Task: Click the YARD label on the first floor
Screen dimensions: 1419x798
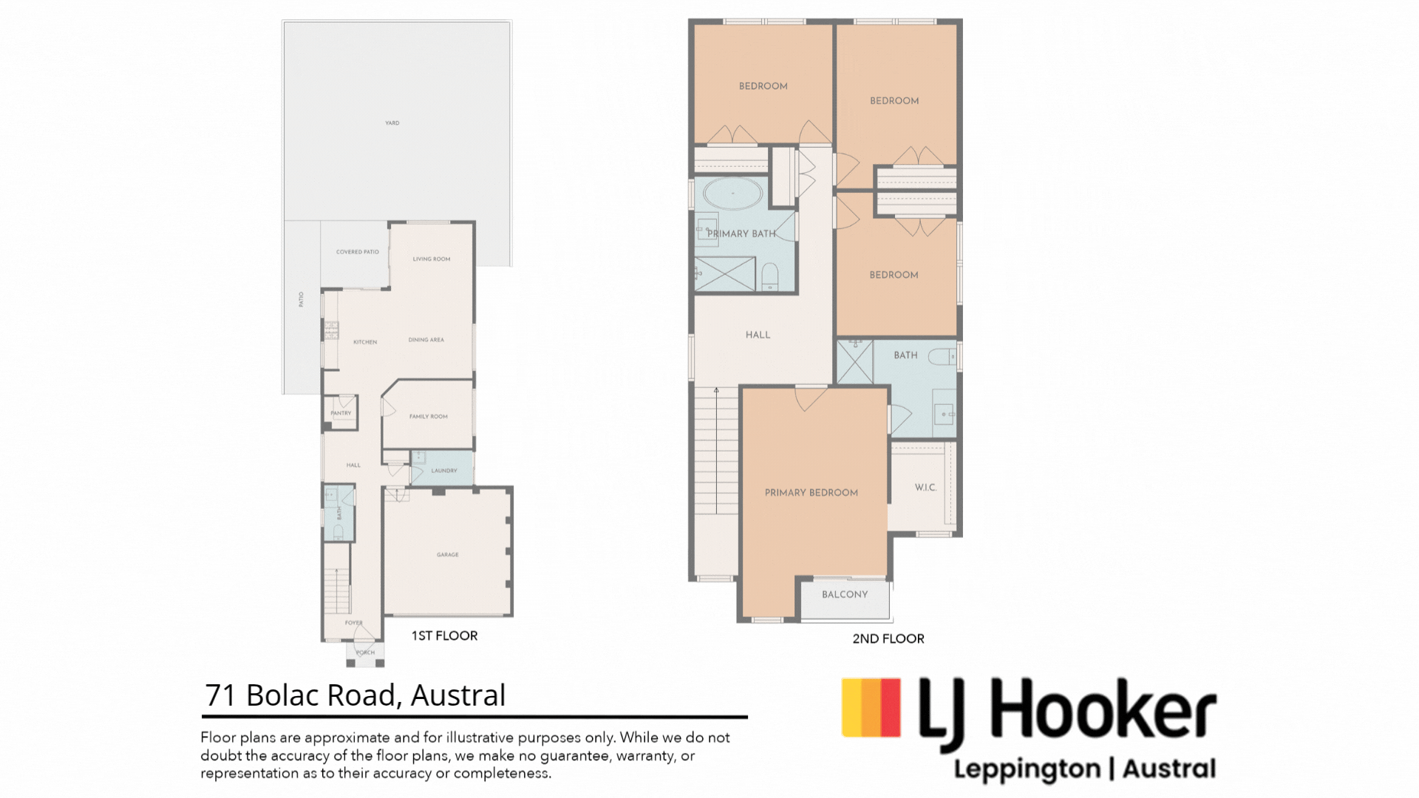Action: (392, 123)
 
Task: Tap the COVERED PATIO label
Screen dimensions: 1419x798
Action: (358, 252)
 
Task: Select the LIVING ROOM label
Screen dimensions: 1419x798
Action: (432, 259)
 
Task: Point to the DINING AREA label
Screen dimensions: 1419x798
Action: (426, 340)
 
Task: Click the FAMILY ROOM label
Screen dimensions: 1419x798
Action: (429, 417)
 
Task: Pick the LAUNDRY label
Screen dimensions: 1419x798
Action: (444, 471)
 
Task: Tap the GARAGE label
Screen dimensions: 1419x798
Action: (448, 555)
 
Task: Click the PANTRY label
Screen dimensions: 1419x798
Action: (341, 414)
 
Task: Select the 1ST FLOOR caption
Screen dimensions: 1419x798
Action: (445, 635)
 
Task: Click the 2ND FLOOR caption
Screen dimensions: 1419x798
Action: (888, 638)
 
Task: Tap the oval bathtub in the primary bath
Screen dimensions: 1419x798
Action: (733, 194)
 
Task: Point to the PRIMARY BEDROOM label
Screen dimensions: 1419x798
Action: (811, 493)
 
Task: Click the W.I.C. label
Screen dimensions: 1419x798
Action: (925, 488)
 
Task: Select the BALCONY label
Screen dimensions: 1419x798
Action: (845, 594)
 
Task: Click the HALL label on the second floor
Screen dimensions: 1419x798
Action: (758, 335)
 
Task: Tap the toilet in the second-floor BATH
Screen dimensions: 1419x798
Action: (943, 357)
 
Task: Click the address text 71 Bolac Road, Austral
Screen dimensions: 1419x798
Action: (355, 695)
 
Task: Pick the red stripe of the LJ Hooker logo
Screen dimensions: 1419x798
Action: (891, 708)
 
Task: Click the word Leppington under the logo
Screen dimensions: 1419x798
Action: (1028, 770)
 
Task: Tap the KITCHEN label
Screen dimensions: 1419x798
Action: (365, 342)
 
